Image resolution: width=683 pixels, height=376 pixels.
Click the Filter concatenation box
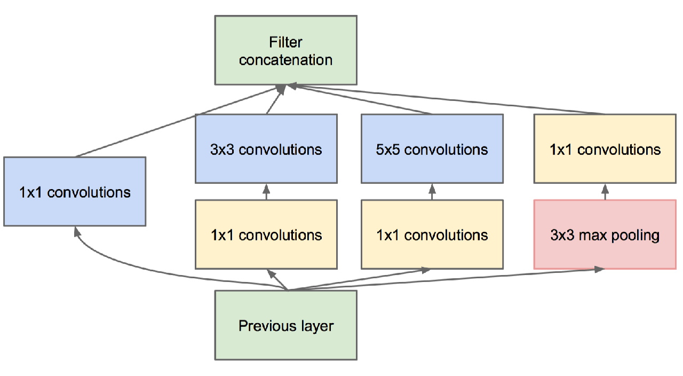click(x=285, y=50)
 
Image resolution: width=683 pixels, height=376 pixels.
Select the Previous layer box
click(x=285, y=325)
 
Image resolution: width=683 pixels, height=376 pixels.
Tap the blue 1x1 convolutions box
click(x=75, y=191)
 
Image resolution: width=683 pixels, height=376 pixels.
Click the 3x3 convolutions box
click(x=266, y=148)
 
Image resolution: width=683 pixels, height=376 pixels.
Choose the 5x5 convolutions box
click(x=432, y=148)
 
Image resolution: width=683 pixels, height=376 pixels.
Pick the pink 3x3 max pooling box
click(x=605, y=234)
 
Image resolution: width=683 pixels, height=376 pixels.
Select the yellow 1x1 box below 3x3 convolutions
click(x=266, y=234)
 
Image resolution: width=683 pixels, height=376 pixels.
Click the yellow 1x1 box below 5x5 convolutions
click(x=432, y=234)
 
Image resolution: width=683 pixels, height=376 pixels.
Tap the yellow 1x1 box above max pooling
click(x=605, y=148)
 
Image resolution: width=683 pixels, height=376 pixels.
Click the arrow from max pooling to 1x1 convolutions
click(x=605, y=192)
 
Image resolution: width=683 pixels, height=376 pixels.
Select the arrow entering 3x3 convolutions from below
click(x=266, y=192)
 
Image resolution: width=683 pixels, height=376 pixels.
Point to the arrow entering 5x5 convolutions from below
click(x=432, y=192)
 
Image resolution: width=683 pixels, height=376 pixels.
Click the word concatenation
click(x=285, y=60)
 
